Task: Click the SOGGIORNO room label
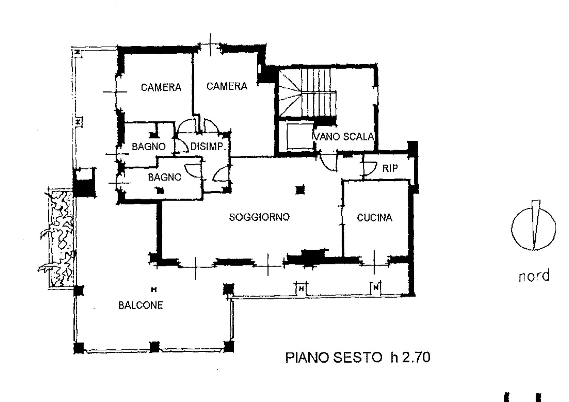(x=259, y=217)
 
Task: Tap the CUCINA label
(x=374, y=218)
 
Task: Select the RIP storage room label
(x=390, y=168)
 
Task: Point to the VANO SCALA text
(x=344, y=137)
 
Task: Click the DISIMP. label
(x=208, y=146)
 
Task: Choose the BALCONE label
(x=140, y=305)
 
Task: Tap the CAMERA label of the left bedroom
(x=161, y=87)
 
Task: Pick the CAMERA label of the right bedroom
(x=227, y=86)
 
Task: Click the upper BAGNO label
(x=149, y=146)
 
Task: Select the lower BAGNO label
(x=164, y=177)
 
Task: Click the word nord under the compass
(x=534, y=276)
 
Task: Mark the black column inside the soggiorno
(x=300, y=190)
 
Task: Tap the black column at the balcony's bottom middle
(x=154, y=347)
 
